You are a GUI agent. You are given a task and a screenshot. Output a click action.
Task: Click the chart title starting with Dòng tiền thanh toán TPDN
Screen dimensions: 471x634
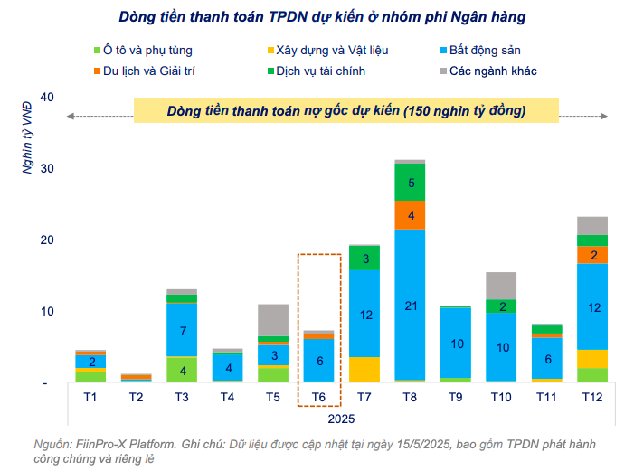pyautogui.click(x=321, y=16)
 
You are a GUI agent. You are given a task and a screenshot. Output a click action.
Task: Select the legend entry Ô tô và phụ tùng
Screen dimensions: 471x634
pyautogui.click(x=147, y=51)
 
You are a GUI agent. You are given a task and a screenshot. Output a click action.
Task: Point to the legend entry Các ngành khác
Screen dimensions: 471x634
pyautogui.click(x=493, y=70)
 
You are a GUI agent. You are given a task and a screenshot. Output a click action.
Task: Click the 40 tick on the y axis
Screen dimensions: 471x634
pyautogui.click(x=48, y=98)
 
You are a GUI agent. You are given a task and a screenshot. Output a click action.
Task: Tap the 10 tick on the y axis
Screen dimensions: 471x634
pyautogui.click(x=48, y=312)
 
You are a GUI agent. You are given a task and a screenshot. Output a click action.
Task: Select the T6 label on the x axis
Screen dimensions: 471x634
pyautogui.click(x=318, y=397)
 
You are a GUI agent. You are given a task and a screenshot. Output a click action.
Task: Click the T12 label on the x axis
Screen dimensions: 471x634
pyautogui.click(x=591, y=397)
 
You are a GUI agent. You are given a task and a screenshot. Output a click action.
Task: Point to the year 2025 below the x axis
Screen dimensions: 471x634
pyautogui.click(x=341, y=419)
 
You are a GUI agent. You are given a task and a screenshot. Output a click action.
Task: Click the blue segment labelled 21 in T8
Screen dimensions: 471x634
pyautogui.click(x=410, y=305)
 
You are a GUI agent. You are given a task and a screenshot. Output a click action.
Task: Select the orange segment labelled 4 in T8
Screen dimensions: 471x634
pyautogui.click(x=410, y=215)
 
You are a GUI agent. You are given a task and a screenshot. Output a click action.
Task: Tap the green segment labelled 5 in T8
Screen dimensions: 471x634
pyautogui.click(x=410, y=183)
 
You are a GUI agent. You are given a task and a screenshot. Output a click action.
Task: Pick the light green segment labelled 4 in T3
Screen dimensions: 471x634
pyautogui.click(x=182, y=370)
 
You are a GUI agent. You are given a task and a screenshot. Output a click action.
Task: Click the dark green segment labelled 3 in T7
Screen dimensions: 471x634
pyautogui.click(x=364, y=259)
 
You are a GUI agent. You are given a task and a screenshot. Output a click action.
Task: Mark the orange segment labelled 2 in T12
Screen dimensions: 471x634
pyautogui.click(x=591, y=255)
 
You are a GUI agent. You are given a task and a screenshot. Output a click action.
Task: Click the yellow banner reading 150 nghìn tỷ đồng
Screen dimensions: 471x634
pyautogui.click(x=345, y=110)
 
